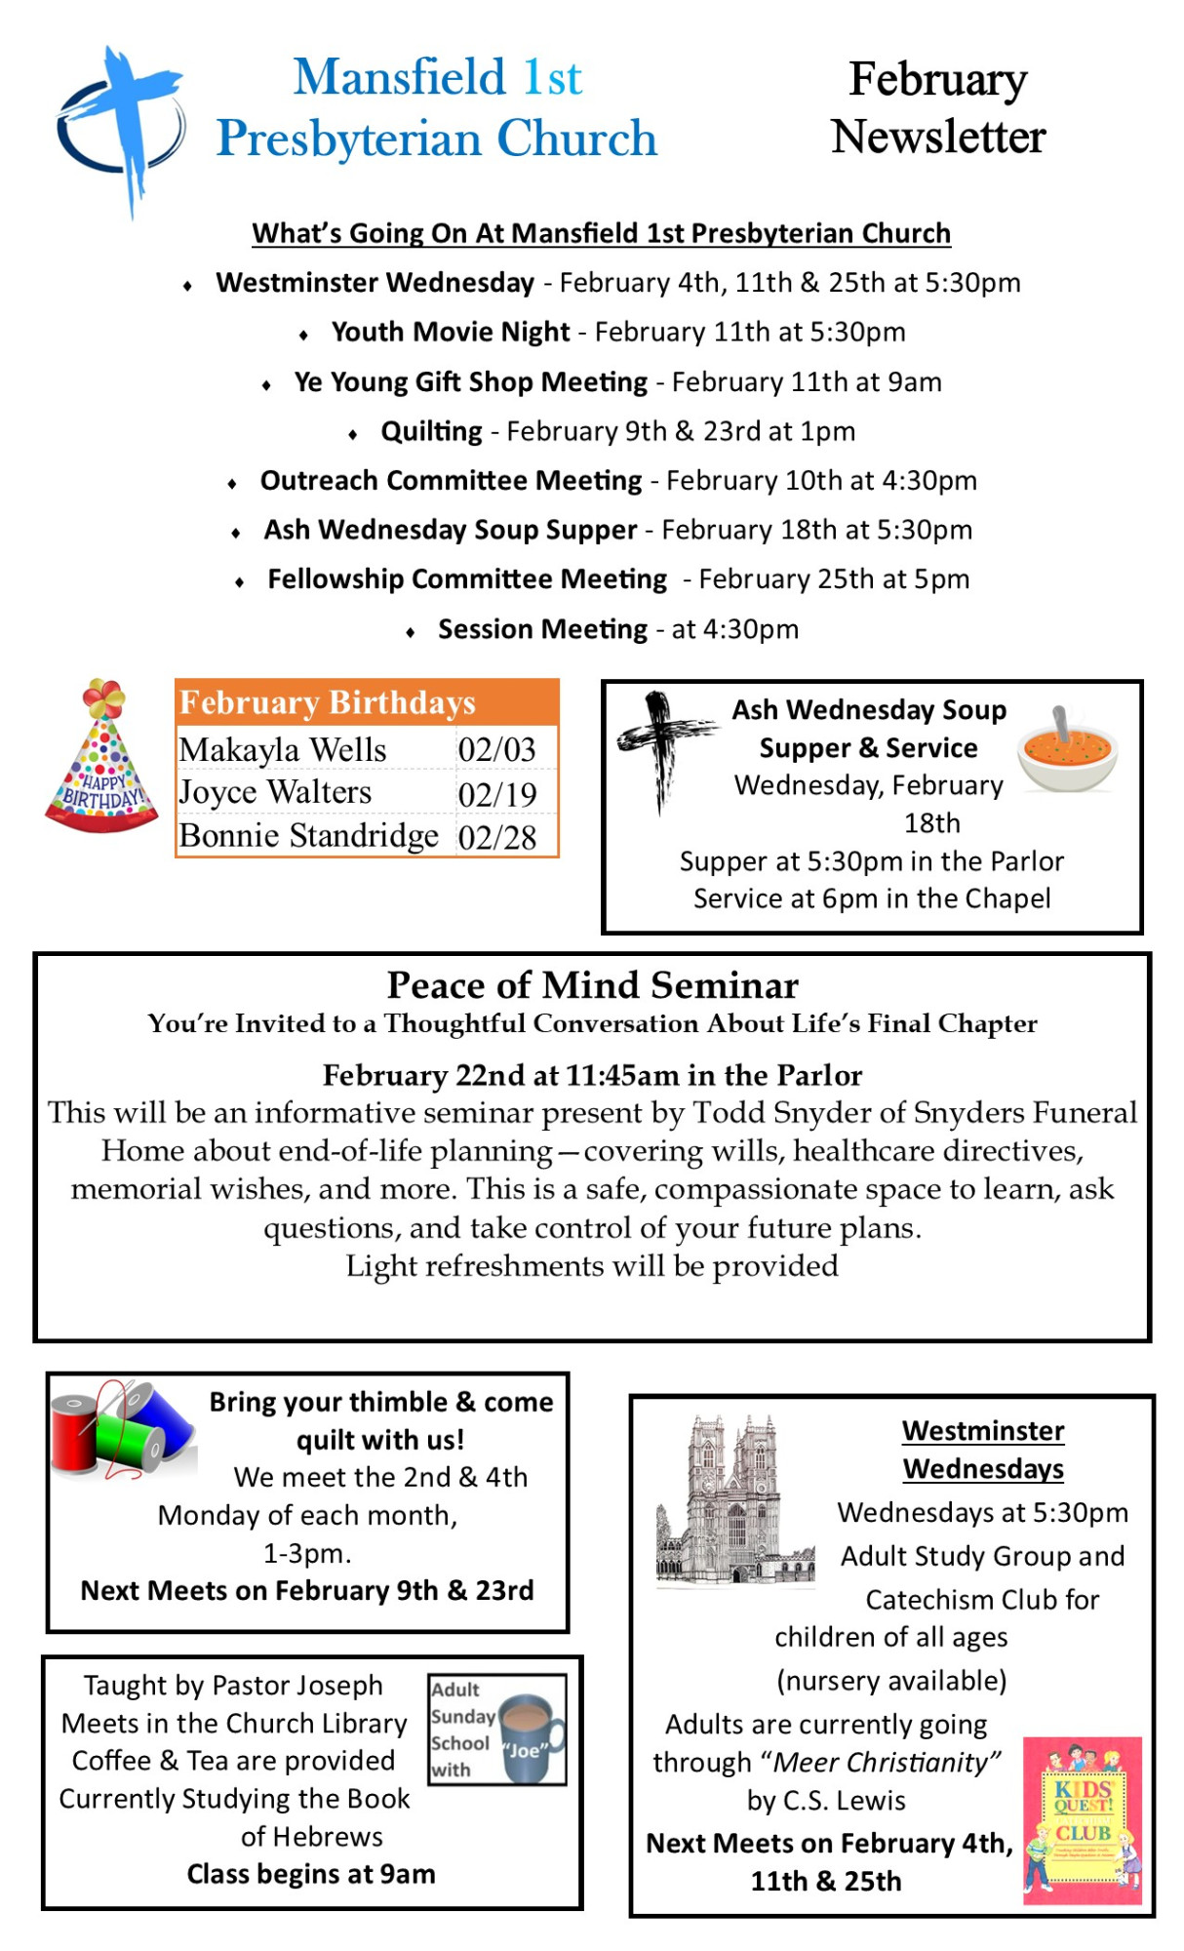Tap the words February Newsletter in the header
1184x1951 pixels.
937,107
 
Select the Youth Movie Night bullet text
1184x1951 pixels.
451,332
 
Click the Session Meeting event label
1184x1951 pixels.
542,629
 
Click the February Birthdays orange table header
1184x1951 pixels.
367,702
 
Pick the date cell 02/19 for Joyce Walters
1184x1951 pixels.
497,794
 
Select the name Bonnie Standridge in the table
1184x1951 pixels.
309,836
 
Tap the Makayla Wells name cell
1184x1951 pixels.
283,750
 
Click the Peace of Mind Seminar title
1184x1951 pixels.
592,985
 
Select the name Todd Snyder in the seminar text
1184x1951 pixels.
760,1113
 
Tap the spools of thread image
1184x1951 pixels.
121,1430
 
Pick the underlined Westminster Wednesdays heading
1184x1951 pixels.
982,1450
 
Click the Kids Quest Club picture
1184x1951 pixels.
1082,1820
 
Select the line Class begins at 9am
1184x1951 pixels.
311,1874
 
